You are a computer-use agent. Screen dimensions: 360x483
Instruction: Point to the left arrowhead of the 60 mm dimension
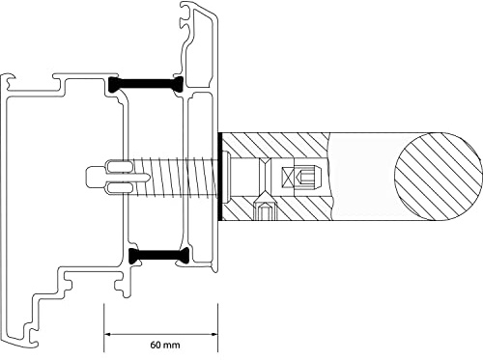pos(107,333)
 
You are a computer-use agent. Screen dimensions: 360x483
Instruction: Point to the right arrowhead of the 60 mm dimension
pos(215,333)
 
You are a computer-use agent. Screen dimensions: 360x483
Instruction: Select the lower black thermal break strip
pos(156,255)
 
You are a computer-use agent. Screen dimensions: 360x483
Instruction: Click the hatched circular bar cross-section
pos(440,175)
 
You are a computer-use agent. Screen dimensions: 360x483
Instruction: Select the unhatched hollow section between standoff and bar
pos(362,175)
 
